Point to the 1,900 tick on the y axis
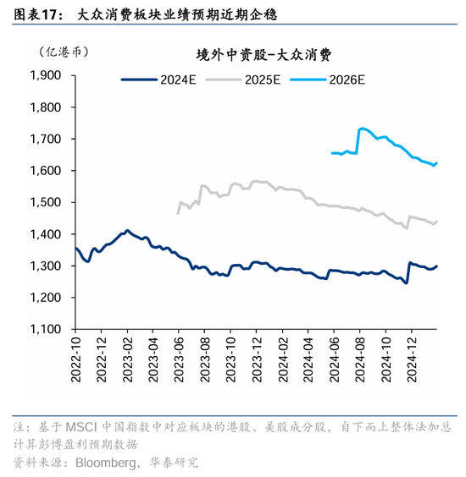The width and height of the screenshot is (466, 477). (x=46, y=75)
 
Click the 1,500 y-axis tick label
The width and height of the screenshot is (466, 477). (x=46, y=203)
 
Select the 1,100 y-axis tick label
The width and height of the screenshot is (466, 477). (x=46, y=330)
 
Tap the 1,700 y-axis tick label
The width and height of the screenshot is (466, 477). (x=46, y=139)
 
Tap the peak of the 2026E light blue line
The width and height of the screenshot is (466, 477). (x=362, y=129)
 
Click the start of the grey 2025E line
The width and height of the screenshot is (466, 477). (x=178, y=212)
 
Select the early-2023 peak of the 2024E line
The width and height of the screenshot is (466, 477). (x=127, y=230)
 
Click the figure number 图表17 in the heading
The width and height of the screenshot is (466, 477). (x=34, y=15)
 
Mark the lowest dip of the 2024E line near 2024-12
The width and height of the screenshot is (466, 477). (x=407, y=283)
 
